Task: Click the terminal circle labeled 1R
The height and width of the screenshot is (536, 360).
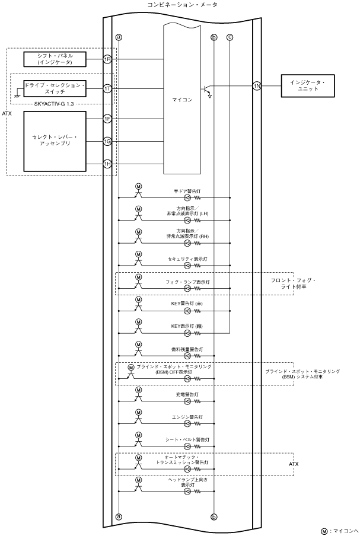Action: coord(107,59)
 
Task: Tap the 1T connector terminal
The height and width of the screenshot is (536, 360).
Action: coord(107,89)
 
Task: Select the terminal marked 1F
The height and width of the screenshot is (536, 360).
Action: coord(107,119)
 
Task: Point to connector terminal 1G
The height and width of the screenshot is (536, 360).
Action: coord(107,141)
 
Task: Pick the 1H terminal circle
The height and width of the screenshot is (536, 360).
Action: coord(107,164)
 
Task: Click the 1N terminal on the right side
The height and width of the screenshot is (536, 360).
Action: coord(257,86)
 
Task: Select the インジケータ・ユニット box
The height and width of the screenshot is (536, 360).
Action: coord(307,86)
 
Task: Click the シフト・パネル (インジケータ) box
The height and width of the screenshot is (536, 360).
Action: coord(55,59)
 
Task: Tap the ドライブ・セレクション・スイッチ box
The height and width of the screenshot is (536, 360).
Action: coord(55,88)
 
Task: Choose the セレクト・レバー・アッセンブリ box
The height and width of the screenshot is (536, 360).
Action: coord(55,141)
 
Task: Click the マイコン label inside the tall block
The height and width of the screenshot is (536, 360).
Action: coord(182,100)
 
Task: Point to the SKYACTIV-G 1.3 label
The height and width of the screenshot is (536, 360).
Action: coord(54,104)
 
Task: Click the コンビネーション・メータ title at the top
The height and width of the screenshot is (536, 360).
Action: coord(182,4)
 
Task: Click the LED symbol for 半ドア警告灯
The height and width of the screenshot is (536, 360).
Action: coord(187,197)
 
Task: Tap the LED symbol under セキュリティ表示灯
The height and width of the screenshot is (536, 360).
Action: coord(187,266)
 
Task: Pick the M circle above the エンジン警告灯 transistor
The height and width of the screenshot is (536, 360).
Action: coord(138,413)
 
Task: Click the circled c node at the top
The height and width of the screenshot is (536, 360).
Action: coord(230,37)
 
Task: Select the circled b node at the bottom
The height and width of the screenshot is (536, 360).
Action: coord(214,516)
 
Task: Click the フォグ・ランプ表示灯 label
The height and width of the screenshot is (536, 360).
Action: coord(187,282)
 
